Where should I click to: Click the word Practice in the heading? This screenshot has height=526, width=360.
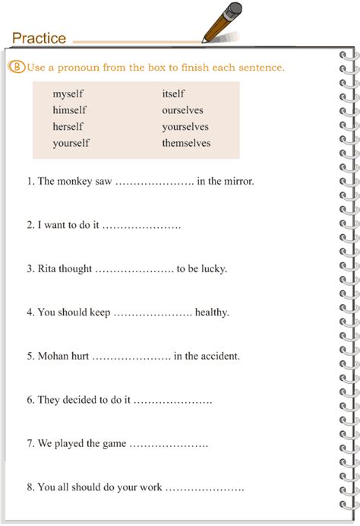point(39,38)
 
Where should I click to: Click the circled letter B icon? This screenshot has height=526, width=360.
point(18,67)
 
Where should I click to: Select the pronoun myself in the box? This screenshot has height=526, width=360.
point(68,94)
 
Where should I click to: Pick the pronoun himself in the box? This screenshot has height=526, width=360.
point(68,110)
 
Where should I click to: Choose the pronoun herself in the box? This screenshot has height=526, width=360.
point(68,126)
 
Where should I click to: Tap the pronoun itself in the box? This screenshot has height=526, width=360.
point(173,94)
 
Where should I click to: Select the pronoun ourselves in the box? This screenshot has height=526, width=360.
point(182,110)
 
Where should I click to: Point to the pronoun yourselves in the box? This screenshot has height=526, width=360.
point(185,126)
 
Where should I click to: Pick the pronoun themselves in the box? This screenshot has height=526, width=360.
point(186,143)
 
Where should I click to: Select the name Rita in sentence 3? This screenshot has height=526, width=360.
point(48,269)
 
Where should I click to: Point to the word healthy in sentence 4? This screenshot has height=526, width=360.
point(212,312)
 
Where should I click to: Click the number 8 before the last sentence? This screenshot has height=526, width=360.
point(29,487)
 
